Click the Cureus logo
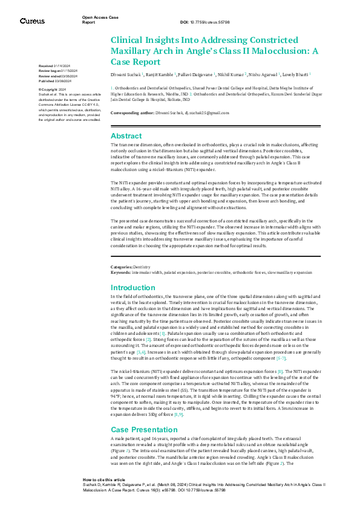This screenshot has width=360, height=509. tap(31, 21)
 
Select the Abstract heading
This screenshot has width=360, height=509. tap(126, 136)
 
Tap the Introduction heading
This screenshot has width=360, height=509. tap(133, 288)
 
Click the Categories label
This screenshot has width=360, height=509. tap(120, 267)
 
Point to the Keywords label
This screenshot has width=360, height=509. tap(120, 273)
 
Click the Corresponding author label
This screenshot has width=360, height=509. tap(133, 113)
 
